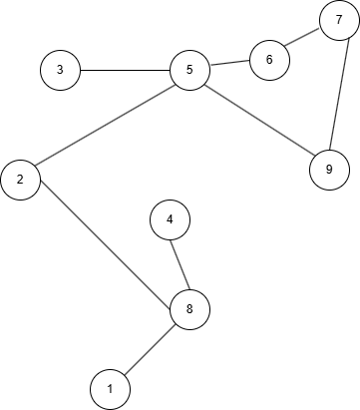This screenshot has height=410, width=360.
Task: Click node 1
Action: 110,388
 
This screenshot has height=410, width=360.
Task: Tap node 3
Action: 60,70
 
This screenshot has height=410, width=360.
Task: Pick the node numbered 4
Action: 170,218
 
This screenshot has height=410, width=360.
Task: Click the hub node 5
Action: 189,70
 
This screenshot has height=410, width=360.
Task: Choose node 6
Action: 269,59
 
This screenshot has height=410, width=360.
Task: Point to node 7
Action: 339,19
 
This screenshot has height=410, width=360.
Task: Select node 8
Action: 189,309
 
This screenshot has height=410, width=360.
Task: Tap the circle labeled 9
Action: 329,169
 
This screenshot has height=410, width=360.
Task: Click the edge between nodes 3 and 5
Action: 125,70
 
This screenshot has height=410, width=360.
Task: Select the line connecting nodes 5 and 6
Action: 229,65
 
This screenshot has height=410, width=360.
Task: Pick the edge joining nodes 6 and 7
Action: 304,39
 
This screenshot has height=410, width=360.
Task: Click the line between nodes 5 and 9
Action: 259,120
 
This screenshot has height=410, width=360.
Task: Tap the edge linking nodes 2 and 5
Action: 105,125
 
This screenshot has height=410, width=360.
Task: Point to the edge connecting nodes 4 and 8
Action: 180,264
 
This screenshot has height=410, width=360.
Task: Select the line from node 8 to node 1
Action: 150,349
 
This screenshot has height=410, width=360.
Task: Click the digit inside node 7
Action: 339,19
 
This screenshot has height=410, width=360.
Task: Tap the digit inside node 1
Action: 110,388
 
